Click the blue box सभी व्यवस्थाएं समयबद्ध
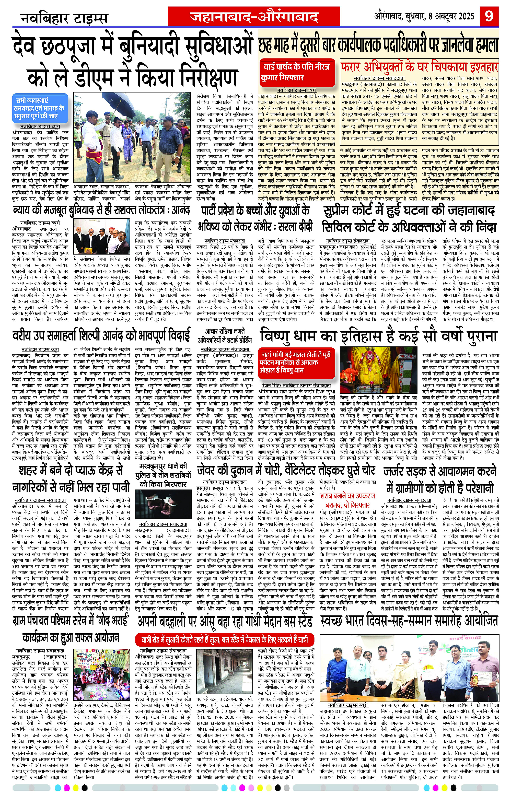coord(39,108)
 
